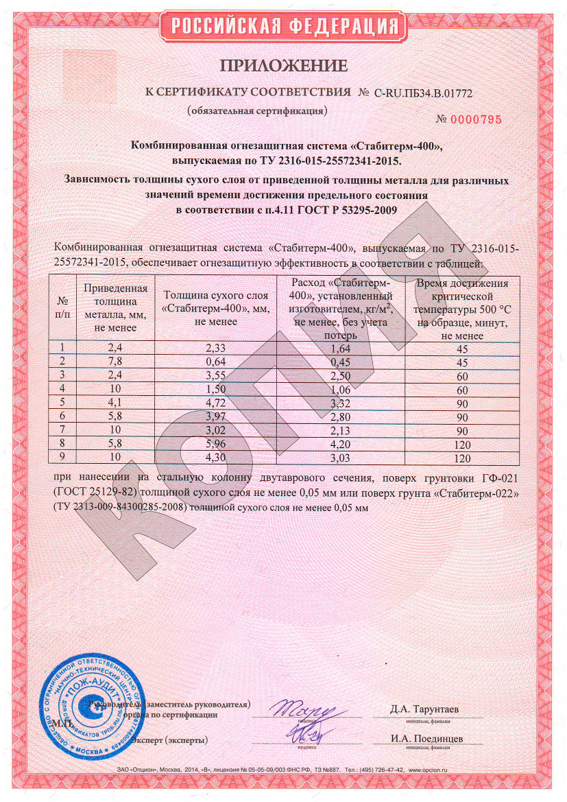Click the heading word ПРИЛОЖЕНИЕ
(284, 66)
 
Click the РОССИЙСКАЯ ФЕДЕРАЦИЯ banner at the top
(284, 27)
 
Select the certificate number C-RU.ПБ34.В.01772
(423, 92)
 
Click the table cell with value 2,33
(217, 349)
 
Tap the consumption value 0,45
(341, 362)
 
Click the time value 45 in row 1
(462, 349)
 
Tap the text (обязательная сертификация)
(257, 110)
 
